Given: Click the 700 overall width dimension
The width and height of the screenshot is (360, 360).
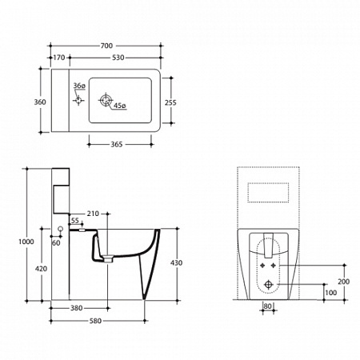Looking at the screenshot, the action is pos(106,46).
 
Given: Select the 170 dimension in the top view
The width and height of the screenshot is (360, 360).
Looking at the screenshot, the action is pos(59,58).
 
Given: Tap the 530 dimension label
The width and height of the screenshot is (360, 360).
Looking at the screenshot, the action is pos(118,58).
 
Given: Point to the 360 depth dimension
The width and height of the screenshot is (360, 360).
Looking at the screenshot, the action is pos(40,102).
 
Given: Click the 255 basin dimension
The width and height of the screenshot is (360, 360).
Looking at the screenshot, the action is pos(170,102).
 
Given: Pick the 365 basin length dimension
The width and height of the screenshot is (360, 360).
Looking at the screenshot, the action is pos(117,144).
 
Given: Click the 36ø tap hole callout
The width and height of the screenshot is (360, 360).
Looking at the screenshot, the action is pos(79,86).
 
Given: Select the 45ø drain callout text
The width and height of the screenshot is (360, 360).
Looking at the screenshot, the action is pos(120,106).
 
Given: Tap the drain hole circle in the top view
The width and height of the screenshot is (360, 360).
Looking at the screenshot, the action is pos(106,101).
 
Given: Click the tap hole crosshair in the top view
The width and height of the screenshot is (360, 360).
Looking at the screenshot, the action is pos(78,101).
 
